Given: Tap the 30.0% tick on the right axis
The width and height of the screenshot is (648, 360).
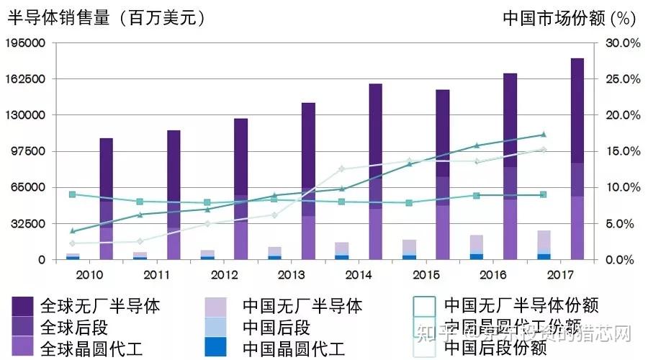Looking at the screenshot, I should (621, 43).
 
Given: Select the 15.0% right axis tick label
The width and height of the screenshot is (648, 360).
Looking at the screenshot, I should (621, 151).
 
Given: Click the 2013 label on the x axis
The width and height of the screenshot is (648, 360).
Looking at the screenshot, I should (291, 275).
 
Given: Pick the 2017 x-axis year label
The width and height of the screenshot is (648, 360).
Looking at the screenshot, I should (560, 275).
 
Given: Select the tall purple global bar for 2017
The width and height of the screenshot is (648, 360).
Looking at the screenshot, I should (577, 158).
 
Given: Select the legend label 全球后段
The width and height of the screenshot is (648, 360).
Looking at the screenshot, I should (75, 328).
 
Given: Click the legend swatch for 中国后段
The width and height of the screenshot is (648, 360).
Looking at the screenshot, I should (215, 328).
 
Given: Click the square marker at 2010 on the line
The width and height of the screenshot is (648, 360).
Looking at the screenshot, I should (72, 194).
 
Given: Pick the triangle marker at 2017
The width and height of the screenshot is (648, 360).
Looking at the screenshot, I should (544, 135).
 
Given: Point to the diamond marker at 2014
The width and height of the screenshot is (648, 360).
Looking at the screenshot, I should (341, 169).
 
